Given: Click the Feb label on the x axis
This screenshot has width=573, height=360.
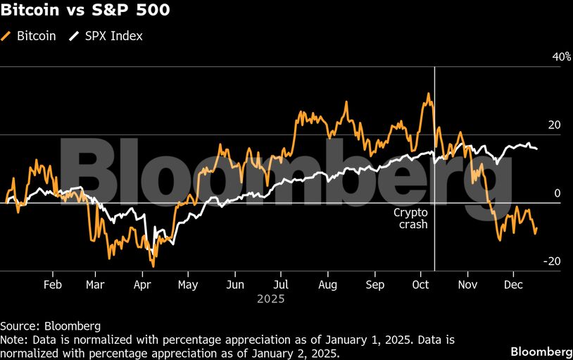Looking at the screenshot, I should (x=53, y=285).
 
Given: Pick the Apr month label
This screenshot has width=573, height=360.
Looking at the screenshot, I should (x=143, y=285).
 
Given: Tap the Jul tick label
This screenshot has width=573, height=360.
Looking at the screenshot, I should (x=281, y=285).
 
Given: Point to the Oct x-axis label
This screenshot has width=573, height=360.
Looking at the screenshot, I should (x=420, y=285).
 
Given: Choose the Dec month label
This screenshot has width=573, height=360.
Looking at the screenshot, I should (x=513, y=285).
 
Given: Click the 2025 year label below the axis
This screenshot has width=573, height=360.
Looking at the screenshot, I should (x=270, y=299).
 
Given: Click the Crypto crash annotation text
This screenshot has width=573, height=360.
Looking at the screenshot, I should (x=410, y=218).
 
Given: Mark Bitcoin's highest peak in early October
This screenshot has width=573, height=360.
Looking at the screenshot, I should (x=427, y=94).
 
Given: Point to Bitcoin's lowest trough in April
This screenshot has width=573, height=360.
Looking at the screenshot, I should (x=153, y=266).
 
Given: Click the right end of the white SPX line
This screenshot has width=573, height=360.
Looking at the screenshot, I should (x=537, y=149).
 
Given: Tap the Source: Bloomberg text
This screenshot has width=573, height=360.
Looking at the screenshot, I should (x=51, y=326).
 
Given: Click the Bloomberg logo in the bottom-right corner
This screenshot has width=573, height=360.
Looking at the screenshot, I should (x=541, y=351).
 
